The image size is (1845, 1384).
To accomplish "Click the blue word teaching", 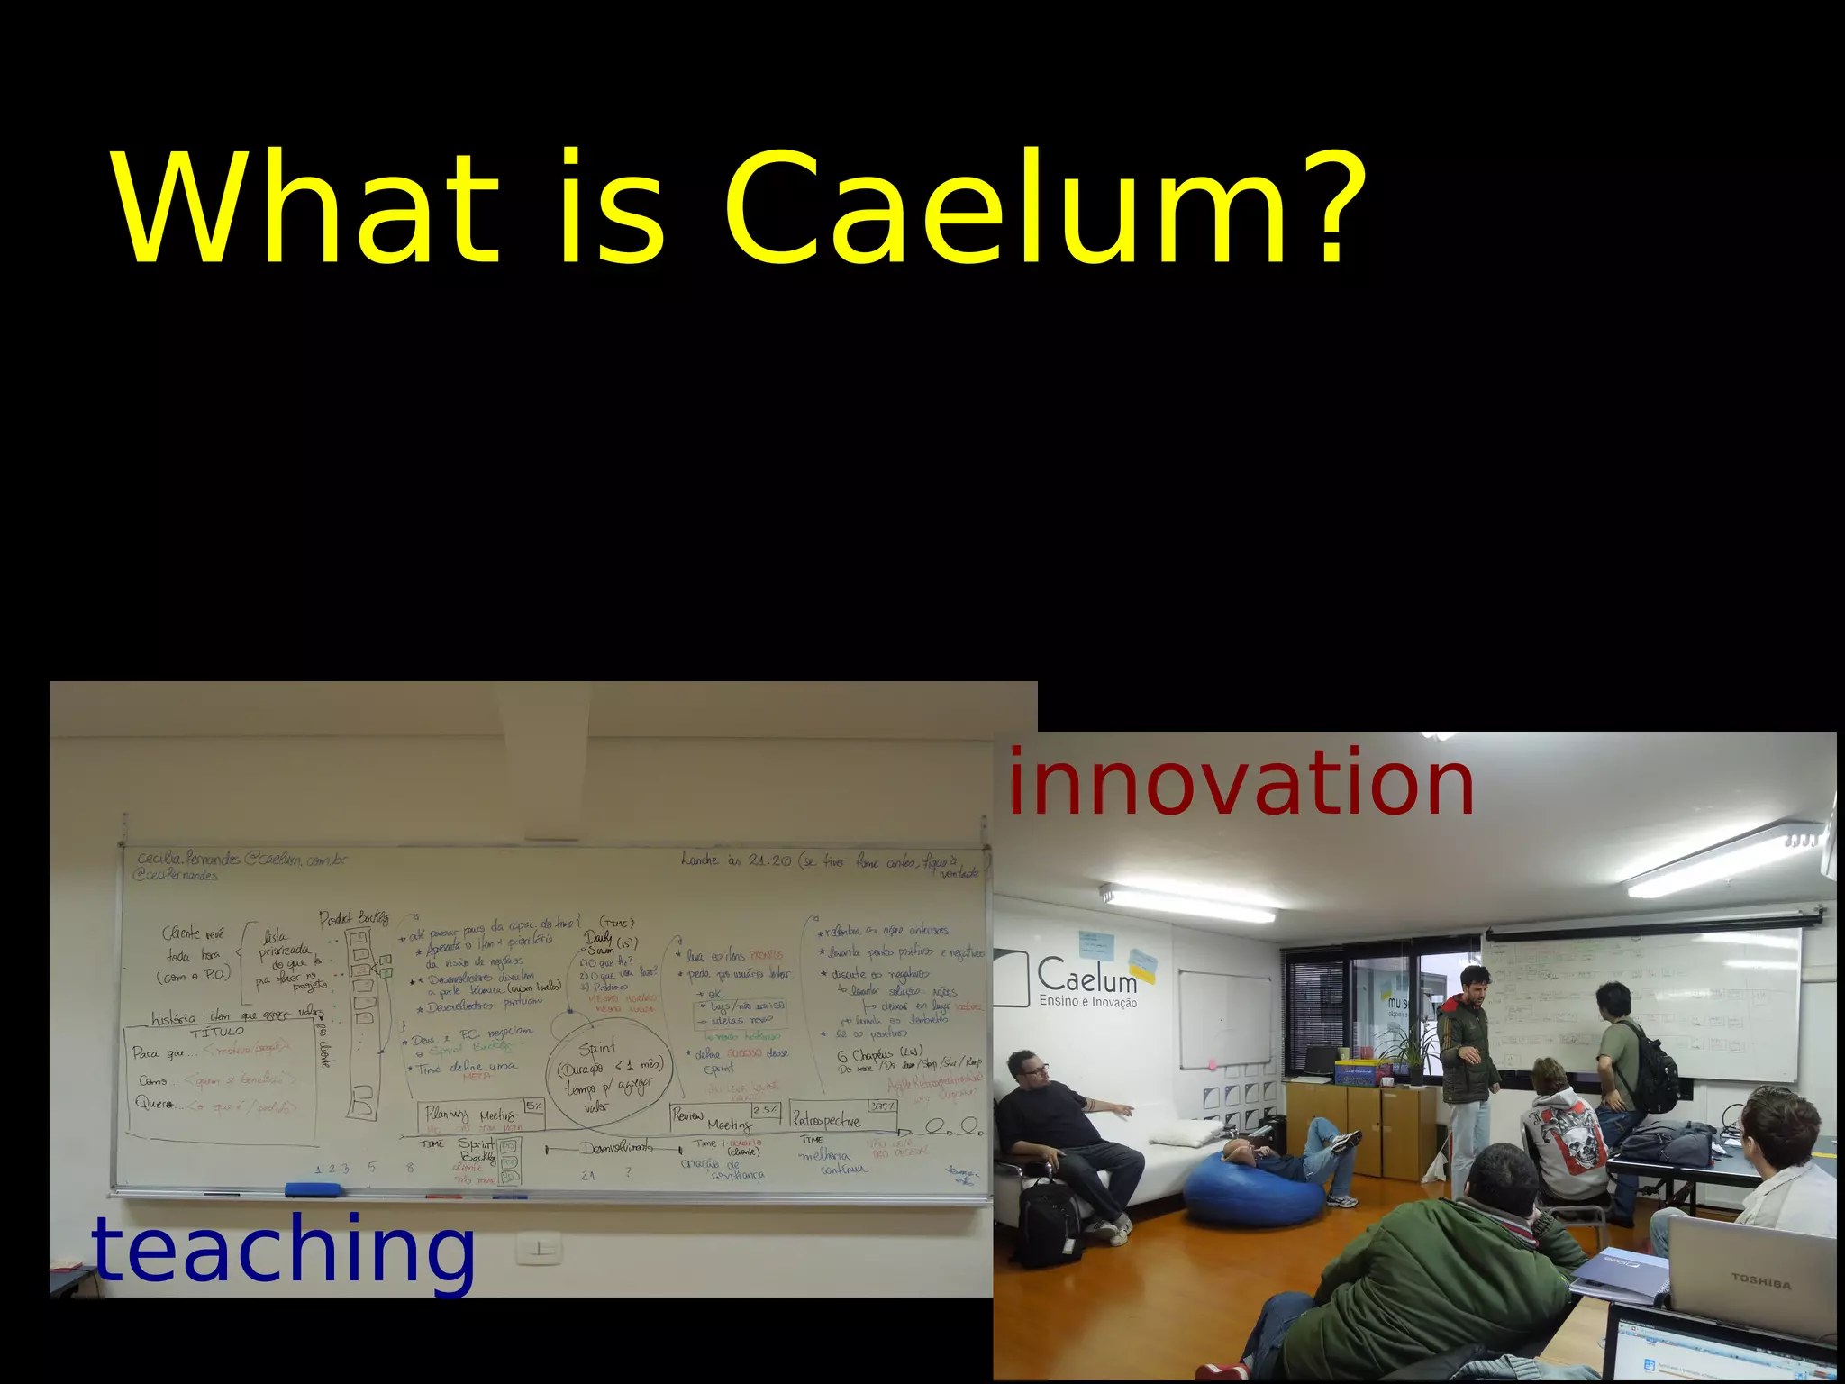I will click(283, 1249).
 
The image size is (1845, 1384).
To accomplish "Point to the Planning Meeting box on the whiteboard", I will click(483, 1115).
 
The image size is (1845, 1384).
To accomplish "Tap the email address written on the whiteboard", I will click(241, 860).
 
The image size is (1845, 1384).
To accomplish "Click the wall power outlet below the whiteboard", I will click(539, 1249).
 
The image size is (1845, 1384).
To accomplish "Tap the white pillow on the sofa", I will click(1184, 1132).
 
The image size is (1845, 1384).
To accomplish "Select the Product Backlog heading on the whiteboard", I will click(354, 918).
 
